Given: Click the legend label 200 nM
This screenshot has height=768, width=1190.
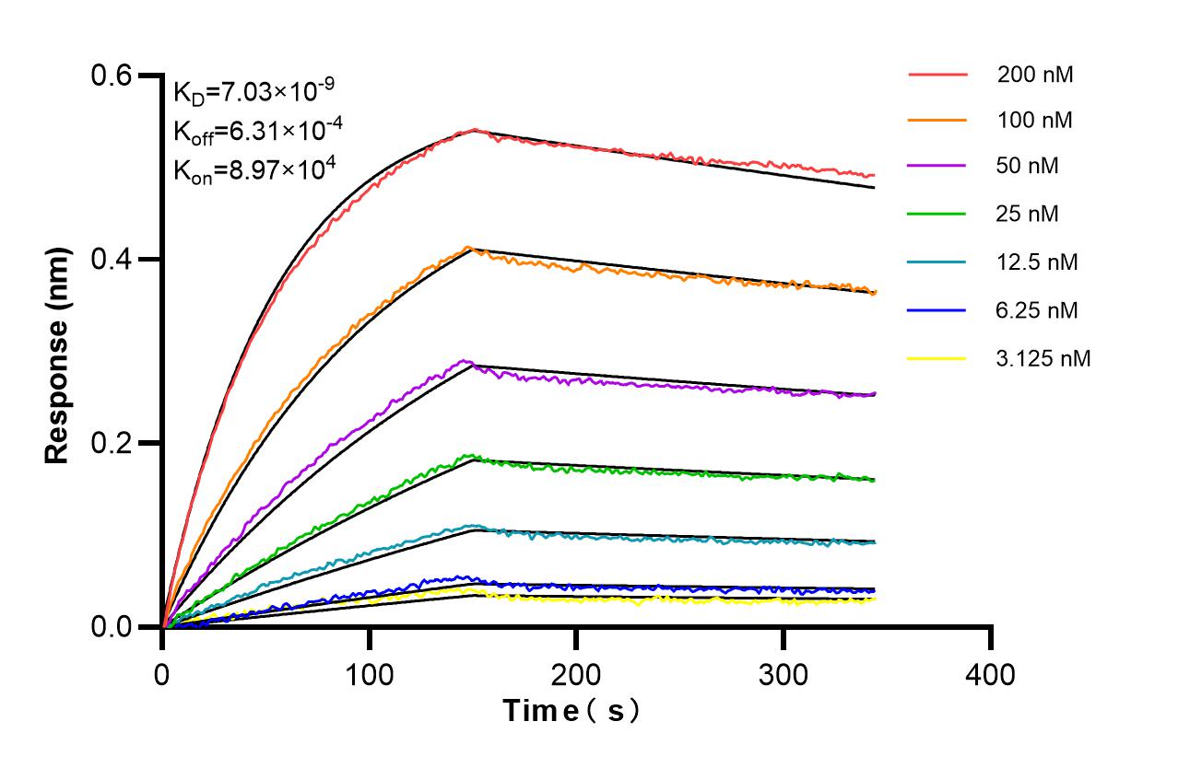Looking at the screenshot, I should click(x=1034, y=75).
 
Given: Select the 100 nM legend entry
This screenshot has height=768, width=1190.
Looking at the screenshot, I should click(x=1034, y=121).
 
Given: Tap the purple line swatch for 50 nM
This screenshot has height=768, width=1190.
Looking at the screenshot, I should click(x=937, y=168).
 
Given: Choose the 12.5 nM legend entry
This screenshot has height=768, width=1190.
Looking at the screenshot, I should click(x=1037, y=262).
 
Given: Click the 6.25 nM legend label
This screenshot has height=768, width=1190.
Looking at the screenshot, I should click(x=1037, y=310).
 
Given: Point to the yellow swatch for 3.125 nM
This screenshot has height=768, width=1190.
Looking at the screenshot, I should click(x=937, y=358).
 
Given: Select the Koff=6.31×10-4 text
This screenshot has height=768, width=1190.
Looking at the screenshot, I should click(x=258, y=131).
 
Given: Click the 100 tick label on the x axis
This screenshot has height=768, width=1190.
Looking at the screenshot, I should click(x=370, y=675).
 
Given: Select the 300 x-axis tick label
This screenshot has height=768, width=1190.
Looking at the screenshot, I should click(x=784, y=675).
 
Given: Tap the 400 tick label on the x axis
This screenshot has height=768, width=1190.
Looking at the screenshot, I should click(x=990, y=675).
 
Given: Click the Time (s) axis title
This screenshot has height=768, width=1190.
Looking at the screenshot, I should click(x=571, y=711).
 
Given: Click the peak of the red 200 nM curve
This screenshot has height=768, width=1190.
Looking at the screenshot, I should click(x=474, y=130).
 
